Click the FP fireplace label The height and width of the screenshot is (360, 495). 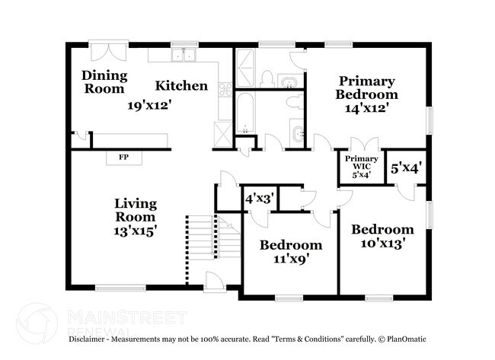[123, 158]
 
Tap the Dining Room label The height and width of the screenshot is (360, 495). [104, 81]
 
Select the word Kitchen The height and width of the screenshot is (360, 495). [182, 85]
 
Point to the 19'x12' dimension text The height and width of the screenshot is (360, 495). [149, 106]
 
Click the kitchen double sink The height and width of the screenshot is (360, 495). [183, 56]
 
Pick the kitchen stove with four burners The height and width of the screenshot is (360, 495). [225, 90]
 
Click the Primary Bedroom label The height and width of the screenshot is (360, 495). [367, 94]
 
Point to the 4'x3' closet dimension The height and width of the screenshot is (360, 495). [259, 198]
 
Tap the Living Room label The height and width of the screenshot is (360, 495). [136, 216]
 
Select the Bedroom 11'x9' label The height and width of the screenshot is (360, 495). [290, 251]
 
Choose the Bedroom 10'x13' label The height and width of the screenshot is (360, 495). [382, 236]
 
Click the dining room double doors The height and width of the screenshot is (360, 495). [105, 51]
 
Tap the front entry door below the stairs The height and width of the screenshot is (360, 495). [215, 282]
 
